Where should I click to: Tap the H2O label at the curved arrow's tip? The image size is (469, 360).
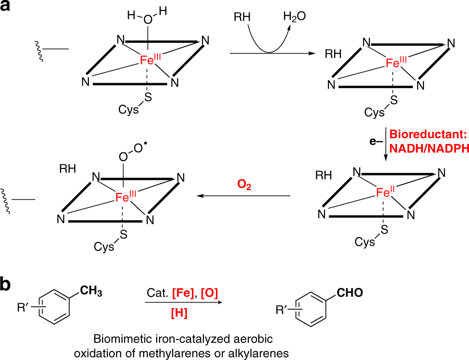click(x=294, y=16)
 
